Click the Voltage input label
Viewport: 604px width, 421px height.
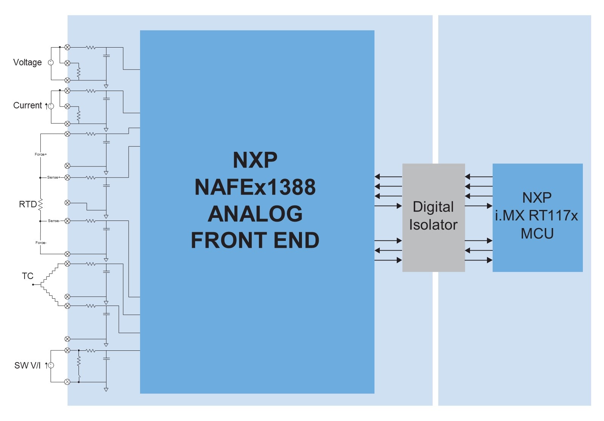[27, 62]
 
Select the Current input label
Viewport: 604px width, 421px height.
[27, 105]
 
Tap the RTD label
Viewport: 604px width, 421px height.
[28, 204]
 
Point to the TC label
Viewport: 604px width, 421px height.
[28, 276]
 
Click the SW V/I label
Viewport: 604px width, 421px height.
[27, 365]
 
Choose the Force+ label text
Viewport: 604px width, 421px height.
[40, 154]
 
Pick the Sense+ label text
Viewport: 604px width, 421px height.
[53, 177]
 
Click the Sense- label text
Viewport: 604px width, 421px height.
[54, 221]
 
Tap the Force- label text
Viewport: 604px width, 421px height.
[41, 243]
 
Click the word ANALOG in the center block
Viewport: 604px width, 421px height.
[255, 214]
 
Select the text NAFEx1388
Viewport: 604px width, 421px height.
[255, 187]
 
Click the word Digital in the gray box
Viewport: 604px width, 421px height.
[433, 207]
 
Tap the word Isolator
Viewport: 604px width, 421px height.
[433, 225]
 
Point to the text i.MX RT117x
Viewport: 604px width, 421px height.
[536, 216]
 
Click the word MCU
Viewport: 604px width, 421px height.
[537, 234]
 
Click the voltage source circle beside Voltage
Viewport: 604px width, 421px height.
[51, 63]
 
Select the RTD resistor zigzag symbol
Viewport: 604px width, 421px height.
[40, 204]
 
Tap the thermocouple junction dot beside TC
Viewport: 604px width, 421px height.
[33, 284]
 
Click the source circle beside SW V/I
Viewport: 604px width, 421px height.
[51, 365]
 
